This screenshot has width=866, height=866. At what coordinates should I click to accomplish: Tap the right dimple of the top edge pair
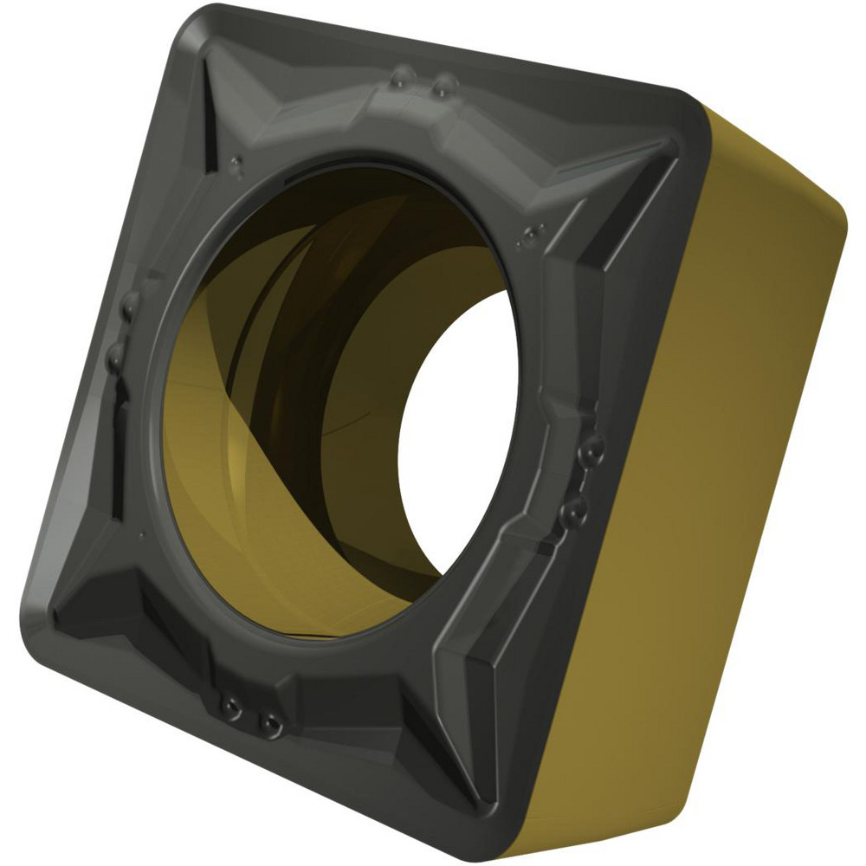point(445,85)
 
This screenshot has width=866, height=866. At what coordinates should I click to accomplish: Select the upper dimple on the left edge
point(130,305)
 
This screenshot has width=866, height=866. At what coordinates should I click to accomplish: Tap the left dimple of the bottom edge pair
point(229,707)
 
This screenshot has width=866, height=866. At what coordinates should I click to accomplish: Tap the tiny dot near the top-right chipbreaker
point(530,231)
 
